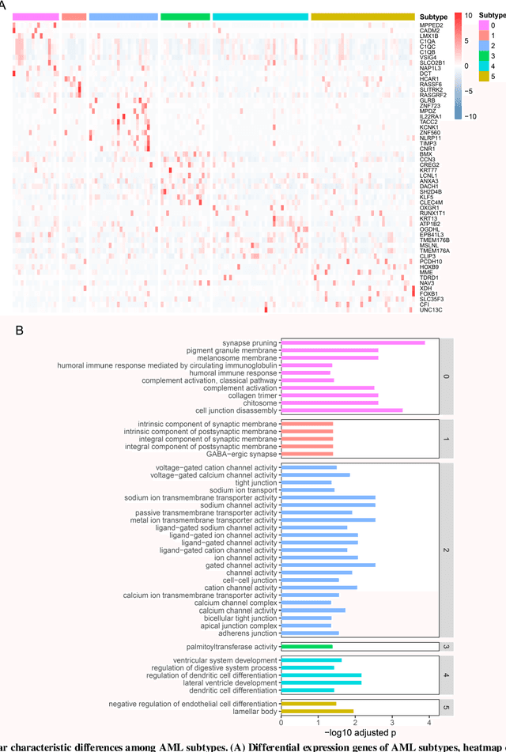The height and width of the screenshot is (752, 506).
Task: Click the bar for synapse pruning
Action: pyautogui.click(x=353, y=342)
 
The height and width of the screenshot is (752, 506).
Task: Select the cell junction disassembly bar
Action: pyautogui.click(x=342, y=410)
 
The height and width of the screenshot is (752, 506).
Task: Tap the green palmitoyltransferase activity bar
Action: pyautogui.click(x=307, y=647)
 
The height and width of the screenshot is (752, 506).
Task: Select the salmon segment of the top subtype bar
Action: pyautogui.click(x=74, y=17)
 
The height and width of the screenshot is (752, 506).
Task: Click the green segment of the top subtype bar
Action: pyautogui.click(x=185, y=17)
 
